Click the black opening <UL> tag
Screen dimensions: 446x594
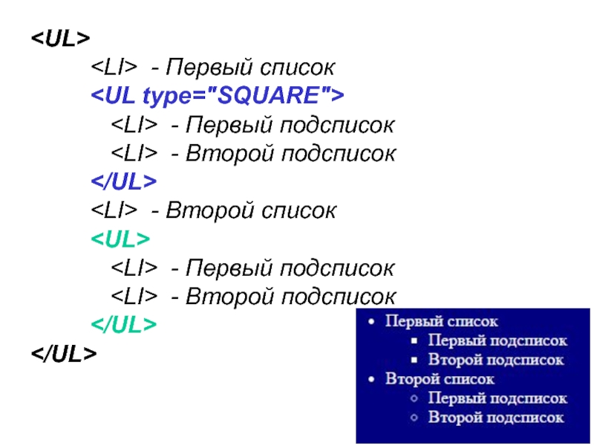(x=60, y=39)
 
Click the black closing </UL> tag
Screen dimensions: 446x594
(x=64, y=354)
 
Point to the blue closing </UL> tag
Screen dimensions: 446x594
(x=124, y=182)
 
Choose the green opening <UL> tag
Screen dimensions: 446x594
(x=120, y=239)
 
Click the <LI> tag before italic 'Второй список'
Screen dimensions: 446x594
(x=114, y=211)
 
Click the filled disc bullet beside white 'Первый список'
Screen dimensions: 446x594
(x=372, y=323)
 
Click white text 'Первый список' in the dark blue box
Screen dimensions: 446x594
(x=442, y=322)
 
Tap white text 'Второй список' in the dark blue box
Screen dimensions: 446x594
(x=440, y=379)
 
